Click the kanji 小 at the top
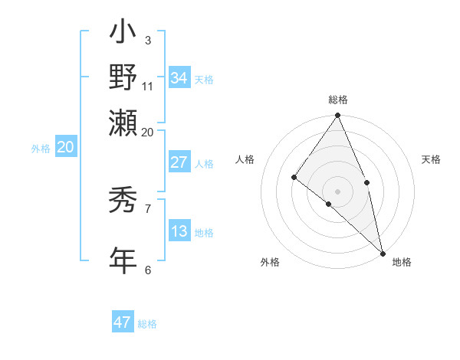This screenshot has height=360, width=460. [123, 34]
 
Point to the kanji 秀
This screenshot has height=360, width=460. [123, 201]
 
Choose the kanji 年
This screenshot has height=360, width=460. [123, 259]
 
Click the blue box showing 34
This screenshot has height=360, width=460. [179, 78]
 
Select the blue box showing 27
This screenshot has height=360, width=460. [179, 162]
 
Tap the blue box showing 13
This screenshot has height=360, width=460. [179, 231]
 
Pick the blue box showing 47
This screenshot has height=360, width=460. [123, 322]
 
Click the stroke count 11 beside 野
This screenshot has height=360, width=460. [148, 86]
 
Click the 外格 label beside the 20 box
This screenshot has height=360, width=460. [41, 149]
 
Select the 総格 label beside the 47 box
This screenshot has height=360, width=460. [148, 324]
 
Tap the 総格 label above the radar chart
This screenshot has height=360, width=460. [338, 100]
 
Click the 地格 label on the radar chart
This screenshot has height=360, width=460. [402, 263]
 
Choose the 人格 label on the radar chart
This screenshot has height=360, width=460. [245, 159]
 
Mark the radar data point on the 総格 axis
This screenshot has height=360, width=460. [338, 116]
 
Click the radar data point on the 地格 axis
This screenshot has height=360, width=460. [383, 252]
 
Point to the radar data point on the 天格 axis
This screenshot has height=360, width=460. [367, 182]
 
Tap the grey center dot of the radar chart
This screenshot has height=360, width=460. [338, 191]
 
